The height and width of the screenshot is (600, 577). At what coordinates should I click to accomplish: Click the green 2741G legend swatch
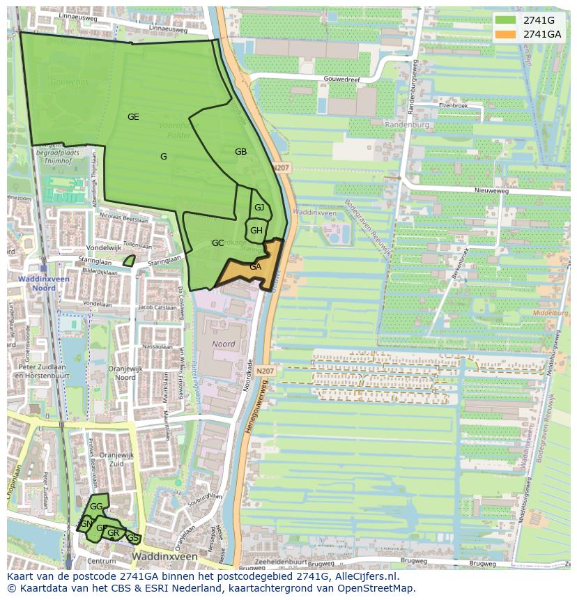[506, 20]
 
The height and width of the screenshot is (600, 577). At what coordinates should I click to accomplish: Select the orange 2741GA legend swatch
[506, 34]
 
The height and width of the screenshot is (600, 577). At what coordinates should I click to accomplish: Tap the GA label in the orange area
[255, 267]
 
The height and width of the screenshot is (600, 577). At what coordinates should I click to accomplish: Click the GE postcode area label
[133, 117]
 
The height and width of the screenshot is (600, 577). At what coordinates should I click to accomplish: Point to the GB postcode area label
[240, 152]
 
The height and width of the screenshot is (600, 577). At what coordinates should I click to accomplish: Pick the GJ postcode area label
[259, 208]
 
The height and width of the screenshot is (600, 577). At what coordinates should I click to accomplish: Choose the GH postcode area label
[256, 231]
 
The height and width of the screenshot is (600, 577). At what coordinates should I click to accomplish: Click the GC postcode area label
[217, 243]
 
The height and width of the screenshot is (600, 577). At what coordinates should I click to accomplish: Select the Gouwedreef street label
[341, 79]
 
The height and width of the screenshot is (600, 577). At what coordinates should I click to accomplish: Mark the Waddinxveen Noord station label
[37, 284]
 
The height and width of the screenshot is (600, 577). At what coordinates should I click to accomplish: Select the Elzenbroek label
[453, 105]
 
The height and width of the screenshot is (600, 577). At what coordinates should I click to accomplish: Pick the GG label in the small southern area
[96, 507]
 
